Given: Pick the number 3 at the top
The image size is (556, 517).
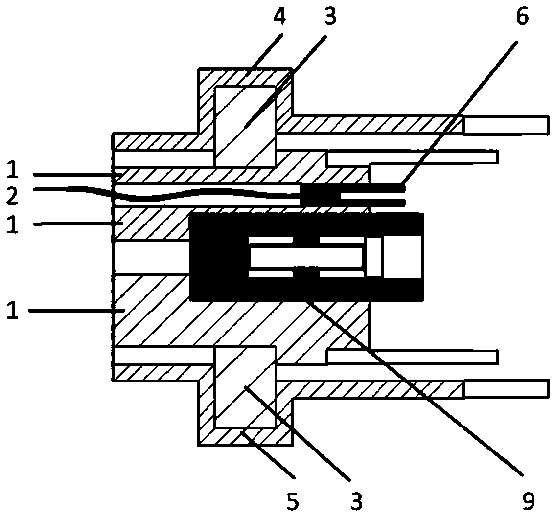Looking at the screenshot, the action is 330,17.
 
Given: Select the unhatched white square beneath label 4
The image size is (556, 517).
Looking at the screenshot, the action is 245,126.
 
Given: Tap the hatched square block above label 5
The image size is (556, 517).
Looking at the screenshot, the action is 245,386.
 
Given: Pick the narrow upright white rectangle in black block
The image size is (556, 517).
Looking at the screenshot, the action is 373,257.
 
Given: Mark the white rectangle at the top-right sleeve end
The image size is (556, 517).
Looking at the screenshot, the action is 505,125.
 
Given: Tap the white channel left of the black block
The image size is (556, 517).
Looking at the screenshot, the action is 151,257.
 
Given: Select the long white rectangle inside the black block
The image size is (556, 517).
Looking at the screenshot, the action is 306,257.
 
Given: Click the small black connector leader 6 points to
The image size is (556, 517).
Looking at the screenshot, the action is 321,196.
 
